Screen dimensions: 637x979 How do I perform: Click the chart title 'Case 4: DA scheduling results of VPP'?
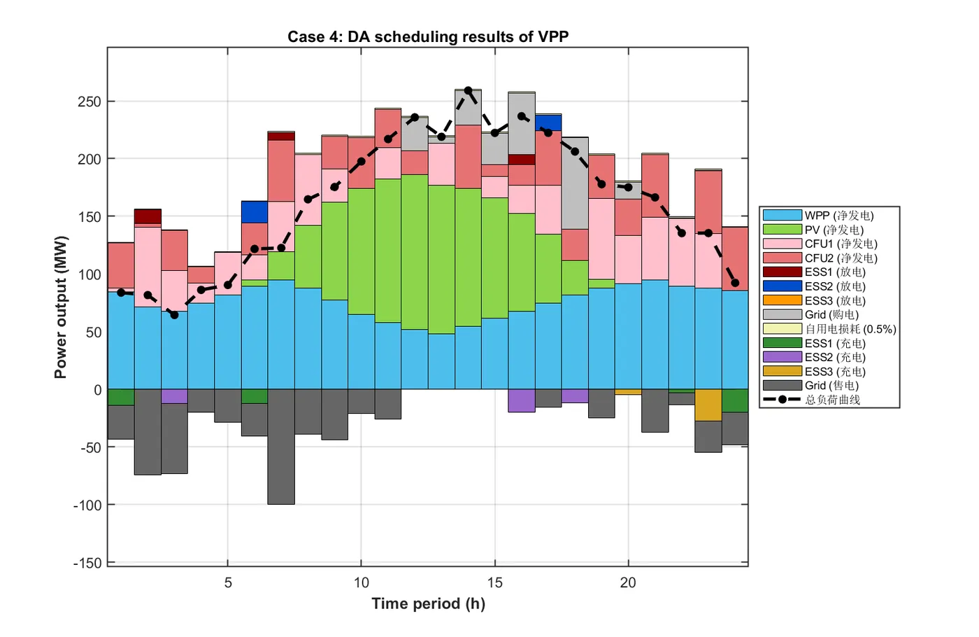pos(428,37)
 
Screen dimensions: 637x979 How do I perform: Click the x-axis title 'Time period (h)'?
pos(428,603)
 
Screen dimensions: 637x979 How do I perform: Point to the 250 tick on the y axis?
pos(90,101)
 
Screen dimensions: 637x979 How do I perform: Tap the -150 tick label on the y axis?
pos(87,563)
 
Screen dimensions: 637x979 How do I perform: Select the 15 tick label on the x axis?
pos(494,582)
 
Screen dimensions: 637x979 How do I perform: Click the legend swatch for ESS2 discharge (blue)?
pos(782,286)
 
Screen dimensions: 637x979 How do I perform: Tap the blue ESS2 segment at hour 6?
pos(255,212)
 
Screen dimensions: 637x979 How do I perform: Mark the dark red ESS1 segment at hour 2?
pos(148,216)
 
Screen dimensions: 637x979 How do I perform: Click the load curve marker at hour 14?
pos(468,91)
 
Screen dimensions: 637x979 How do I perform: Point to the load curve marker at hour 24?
pos(735,283)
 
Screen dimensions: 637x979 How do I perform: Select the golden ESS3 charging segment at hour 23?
pos(708,405)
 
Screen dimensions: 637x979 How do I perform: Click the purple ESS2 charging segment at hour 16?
pos(522,400)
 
